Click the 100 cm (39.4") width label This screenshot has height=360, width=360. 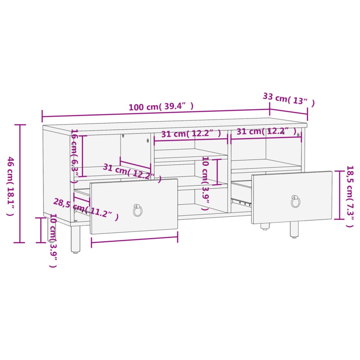click(161, 106)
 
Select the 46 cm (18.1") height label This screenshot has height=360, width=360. click(10, 186)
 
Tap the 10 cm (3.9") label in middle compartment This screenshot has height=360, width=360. click(205, 183)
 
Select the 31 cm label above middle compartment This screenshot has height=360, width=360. click(191, 133)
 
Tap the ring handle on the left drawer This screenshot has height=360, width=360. click(138, 210)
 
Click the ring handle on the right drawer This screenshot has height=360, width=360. click(295, 202)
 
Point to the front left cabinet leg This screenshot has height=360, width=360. click(76, 238)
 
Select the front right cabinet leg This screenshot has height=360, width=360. click(294, 229)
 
